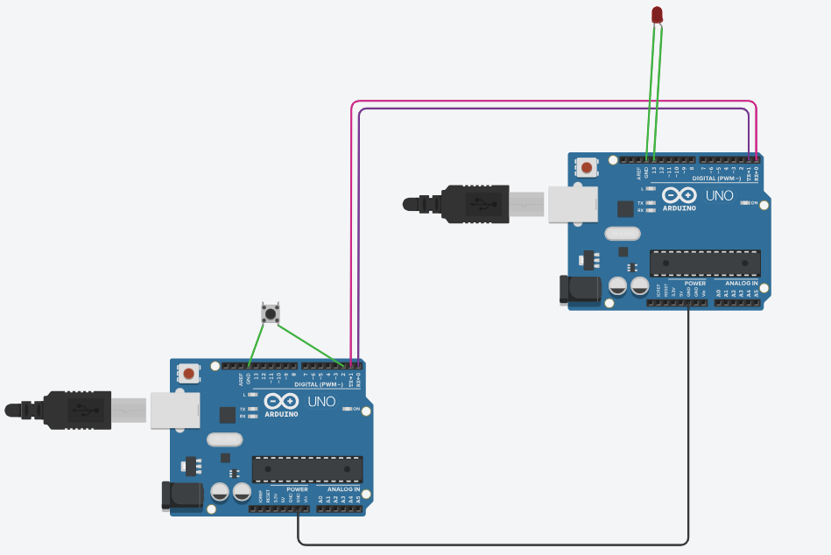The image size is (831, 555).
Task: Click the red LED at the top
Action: (657, 14)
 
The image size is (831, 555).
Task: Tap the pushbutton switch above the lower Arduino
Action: (271, 313)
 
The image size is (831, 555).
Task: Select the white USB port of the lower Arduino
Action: (170, 411)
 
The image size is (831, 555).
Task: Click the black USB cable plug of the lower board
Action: (79, 410)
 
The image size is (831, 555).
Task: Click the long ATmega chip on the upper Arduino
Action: (705, 263)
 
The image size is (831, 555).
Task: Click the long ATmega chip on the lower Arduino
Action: (307, 469)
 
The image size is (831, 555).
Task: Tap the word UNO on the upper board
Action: (719, 195)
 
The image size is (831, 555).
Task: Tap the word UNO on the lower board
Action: (321, 402)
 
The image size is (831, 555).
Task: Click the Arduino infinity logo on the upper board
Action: (680, 195)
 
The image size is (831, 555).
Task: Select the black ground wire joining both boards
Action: (490, 544)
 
